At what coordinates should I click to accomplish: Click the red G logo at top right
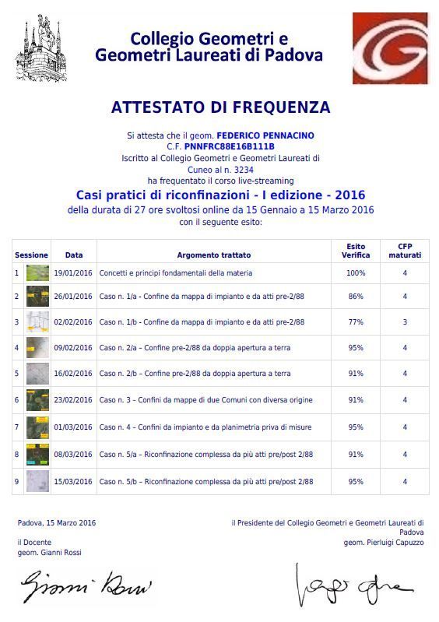(389, 47)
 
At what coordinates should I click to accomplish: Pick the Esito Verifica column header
(356, 251)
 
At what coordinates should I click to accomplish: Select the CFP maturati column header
(405, 251)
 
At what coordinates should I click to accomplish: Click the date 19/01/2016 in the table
(73, 273)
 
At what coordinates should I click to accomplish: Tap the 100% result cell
(356, 273)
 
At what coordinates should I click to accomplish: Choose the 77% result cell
(356, 322)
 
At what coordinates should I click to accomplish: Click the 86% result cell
(356, 297)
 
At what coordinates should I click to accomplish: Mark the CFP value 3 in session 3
(405, 322)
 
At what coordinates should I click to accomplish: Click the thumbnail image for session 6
(37, 400)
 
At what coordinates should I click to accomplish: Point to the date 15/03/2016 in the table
(73, 482)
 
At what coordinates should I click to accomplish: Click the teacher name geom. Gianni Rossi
(49, 552)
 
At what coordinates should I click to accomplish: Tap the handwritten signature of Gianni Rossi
(86, 585)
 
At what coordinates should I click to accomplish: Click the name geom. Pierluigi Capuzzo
(384, 543)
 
